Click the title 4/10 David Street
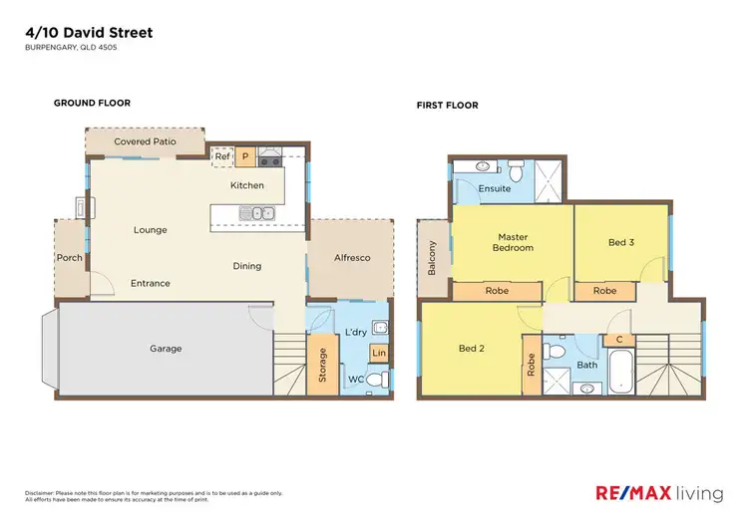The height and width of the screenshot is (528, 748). coord(88,33)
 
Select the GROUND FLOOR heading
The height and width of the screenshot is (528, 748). coord(92,103)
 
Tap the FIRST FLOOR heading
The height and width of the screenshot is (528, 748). coord(448,105)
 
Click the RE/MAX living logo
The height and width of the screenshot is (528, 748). coord(659,491)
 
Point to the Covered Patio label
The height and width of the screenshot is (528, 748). coord(145,142)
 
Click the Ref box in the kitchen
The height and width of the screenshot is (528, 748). coord(221,156)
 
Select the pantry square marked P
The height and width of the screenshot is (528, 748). coord(244,156)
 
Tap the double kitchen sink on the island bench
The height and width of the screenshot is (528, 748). coord(257,212)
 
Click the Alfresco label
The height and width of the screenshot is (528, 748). coord(350,258)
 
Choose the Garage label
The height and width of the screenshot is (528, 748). coord(166,349)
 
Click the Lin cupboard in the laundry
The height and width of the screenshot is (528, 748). coord(378,354)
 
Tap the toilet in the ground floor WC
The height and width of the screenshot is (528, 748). coord(374,381)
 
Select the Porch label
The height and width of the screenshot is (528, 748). coord(70,258)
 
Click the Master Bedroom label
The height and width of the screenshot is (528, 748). coord(515,242)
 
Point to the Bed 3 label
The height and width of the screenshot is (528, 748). coord(620,242)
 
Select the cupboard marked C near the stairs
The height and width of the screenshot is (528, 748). coord(618,340)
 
